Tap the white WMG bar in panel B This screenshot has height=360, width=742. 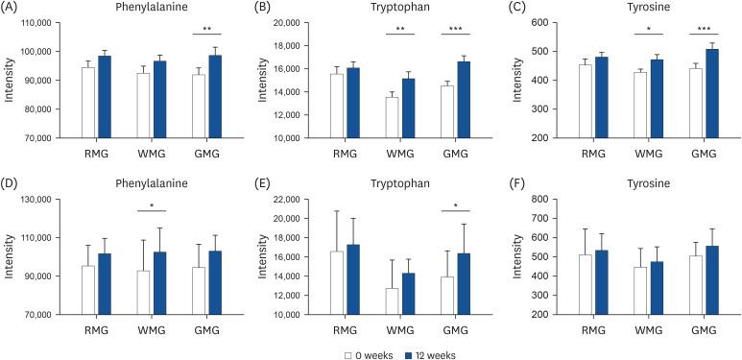392,117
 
